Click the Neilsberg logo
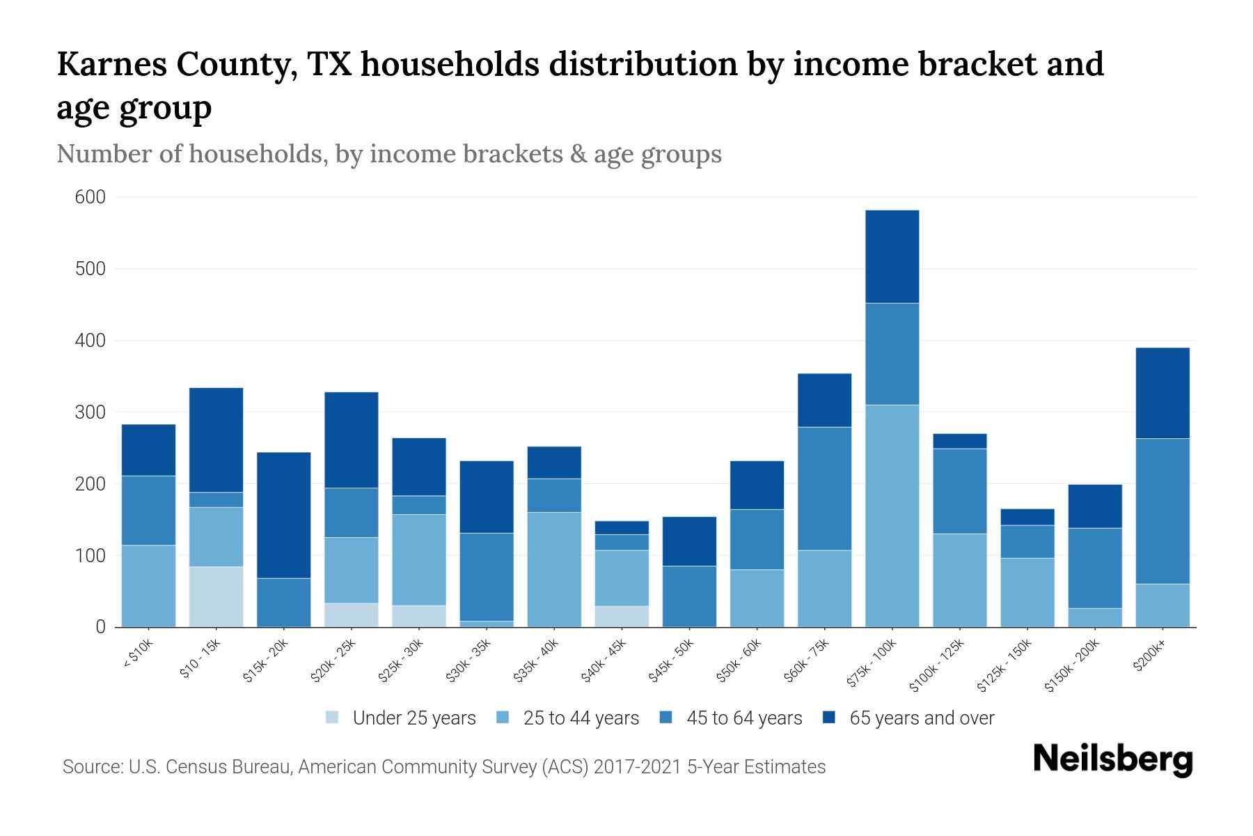click(x=1112, y=759)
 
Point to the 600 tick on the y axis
click(x=90, y=197)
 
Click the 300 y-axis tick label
click(x=90, y=412)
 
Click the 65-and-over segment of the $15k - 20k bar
click(x=283, y=515)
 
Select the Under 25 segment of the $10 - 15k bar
click(x=216, y=596)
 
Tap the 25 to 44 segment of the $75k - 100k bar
click(x=892, y=516)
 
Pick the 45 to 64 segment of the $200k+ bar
click(x=1162, y=511)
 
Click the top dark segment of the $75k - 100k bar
click(x=892, y=256)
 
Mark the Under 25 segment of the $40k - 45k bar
click(x=622, y=616)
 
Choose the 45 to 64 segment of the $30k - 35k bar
click(x=487, y=576)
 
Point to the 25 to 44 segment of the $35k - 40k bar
click(x=554, y=569)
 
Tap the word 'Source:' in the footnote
click(x=93, y=767)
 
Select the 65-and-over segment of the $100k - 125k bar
click(x=959, y=441)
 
